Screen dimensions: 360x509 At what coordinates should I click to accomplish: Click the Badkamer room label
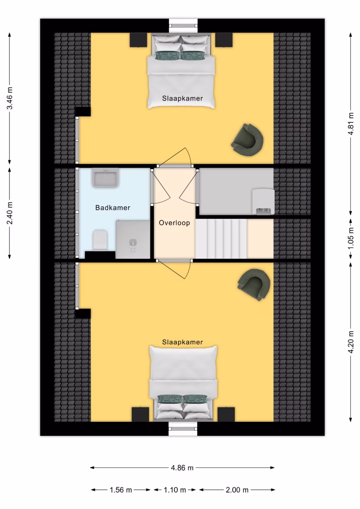112,208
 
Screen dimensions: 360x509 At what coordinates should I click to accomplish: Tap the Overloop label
174,223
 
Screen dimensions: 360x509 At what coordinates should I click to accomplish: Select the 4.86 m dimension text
182,468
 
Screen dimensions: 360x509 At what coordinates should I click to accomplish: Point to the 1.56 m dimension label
121,490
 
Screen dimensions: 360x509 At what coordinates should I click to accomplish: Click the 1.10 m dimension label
175,490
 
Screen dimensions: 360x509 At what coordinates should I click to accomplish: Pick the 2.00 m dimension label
237,490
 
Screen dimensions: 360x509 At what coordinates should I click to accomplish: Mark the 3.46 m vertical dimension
9,98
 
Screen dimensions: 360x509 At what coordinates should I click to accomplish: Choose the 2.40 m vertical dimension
9,213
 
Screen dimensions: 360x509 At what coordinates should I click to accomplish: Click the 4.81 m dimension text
351,124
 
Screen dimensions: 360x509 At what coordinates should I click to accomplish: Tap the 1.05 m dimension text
351,238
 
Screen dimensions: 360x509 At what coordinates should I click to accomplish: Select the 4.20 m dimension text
351,342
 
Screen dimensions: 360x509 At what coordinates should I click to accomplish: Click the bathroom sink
105,178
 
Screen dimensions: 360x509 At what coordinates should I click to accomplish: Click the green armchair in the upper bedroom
247,140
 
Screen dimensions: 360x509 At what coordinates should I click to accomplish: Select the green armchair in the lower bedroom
254,284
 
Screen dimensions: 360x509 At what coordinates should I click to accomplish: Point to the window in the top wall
183,25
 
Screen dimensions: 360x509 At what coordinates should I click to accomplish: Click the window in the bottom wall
183,429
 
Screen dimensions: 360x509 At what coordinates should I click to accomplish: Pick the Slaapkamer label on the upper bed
182,98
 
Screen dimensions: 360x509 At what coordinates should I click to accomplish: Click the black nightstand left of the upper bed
138,40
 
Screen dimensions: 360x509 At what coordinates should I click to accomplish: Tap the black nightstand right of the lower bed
226,414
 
